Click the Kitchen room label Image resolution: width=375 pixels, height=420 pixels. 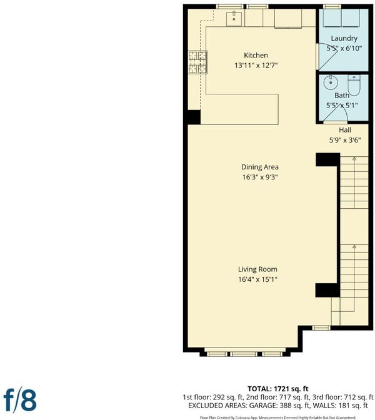coord(256,55)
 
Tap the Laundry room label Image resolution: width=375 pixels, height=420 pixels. coord(344,39)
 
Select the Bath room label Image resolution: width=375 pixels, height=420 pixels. coord(342,96)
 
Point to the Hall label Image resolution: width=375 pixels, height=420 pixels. coord(345,130)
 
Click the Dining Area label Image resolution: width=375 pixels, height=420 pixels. coord(260,167)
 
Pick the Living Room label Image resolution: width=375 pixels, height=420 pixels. coord(257,269)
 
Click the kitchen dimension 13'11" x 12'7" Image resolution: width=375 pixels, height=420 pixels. coord(256,65)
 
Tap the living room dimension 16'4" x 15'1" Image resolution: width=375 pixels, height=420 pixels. coord(257,279)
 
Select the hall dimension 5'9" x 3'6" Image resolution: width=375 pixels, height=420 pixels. coord(345,140)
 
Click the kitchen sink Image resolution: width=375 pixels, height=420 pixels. coord(234,19)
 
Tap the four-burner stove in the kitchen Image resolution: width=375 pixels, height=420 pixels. coord(197,62)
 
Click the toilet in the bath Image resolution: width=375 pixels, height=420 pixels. coord(354,85)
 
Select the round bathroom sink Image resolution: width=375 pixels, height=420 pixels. coord(331,82)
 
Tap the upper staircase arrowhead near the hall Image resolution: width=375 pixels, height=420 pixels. coord(354,159)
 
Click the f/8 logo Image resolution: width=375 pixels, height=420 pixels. coord(20,401)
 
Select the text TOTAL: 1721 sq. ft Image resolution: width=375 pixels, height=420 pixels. coord(277,389)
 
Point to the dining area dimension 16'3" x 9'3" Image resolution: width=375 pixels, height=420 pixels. coord(260,177)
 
